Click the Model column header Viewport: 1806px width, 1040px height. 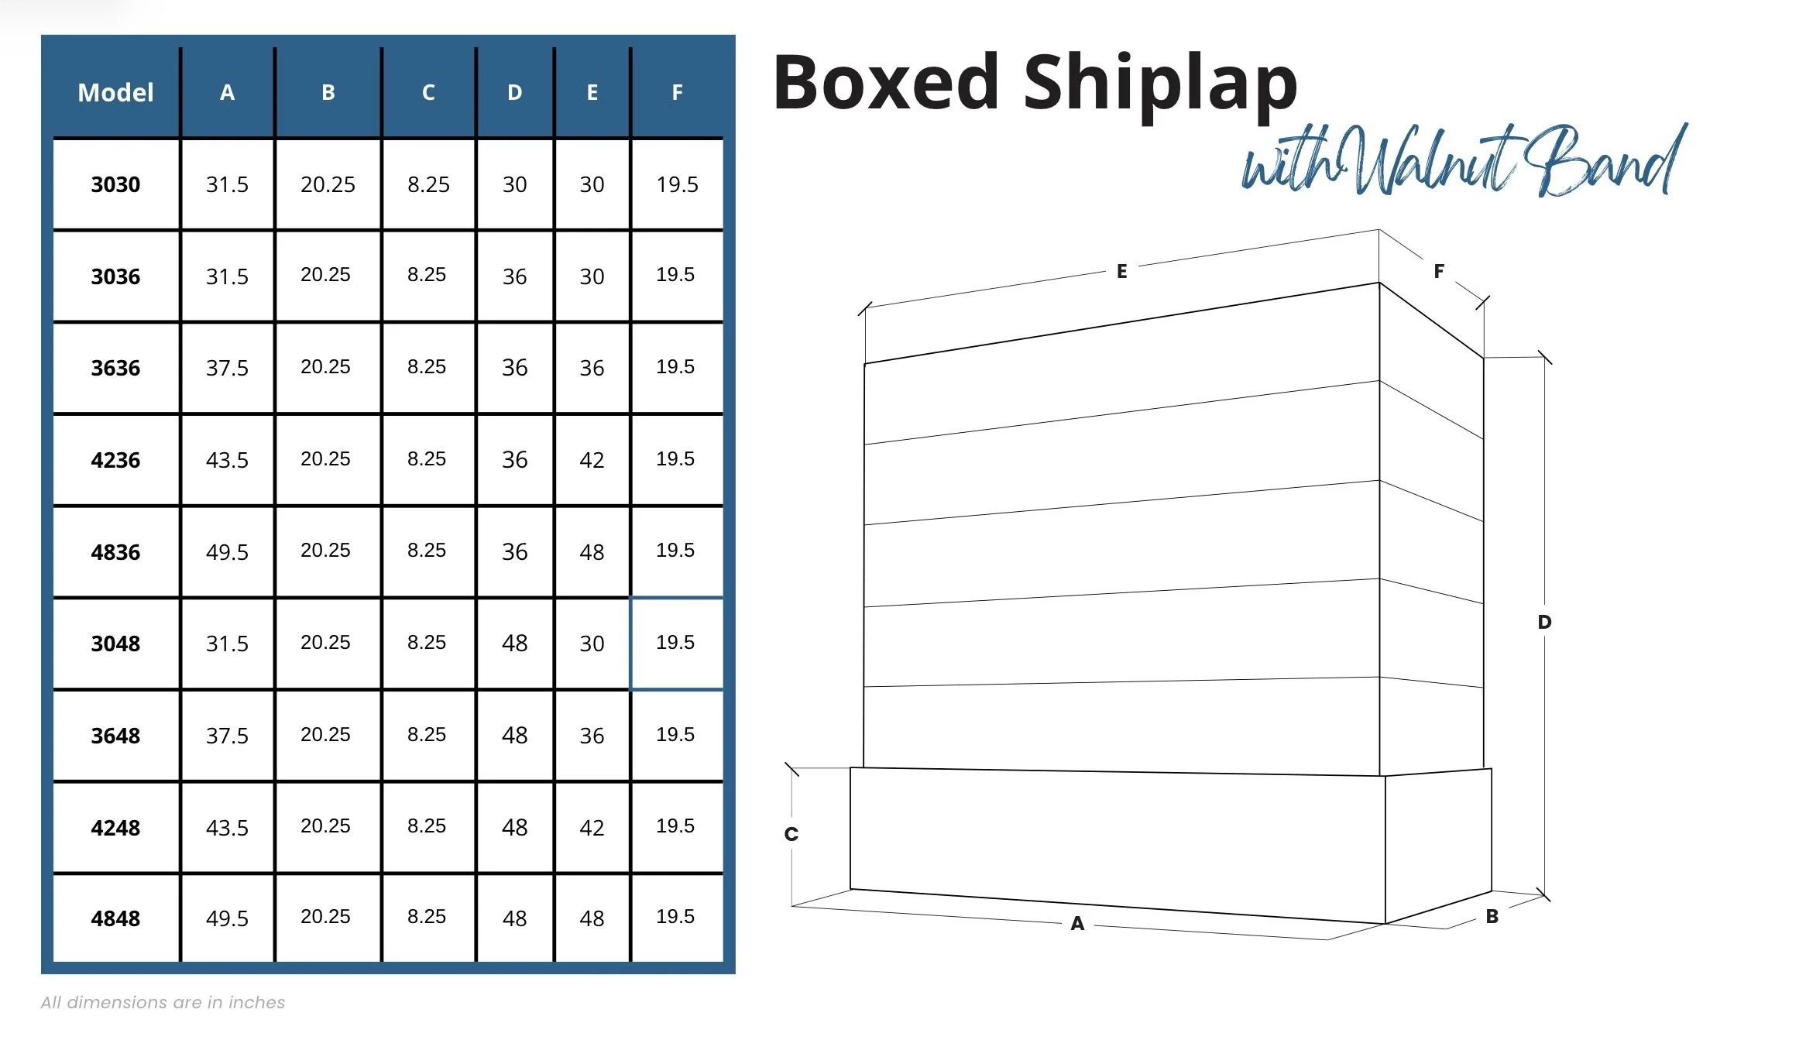click(x=115, y=93)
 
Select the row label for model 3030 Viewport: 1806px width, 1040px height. click(x=115, y=184)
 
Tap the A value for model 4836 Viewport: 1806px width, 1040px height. click(x=227, y=552)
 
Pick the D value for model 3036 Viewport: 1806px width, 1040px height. click(x=514, y=276)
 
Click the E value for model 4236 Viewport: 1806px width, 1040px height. click(x=592, y=460)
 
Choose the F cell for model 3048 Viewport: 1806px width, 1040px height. click(x=675, y=643)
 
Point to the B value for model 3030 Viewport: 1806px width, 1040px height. click(x=328, y=184)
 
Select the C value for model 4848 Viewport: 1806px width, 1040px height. click(x=427, y=917)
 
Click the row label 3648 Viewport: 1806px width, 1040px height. click(x=115, y=736)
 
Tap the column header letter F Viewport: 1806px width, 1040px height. click(x=677, y=93)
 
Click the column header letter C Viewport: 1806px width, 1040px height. click(x=428, y=93)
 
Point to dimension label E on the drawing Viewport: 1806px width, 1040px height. click(x=1121, y=271)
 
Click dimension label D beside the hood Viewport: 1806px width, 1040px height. click(x=1544, y=622)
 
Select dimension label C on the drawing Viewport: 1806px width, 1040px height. click(x=791, y=834)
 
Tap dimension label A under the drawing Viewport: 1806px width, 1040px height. click(x=1077, y=923)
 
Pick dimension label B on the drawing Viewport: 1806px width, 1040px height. click(x=1492, y=917)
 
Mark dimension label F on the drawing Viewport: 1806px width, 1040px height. click(x=1439, y=271)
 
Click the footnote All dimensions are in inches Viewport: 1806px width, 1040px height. click(x=163, y=1002)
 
